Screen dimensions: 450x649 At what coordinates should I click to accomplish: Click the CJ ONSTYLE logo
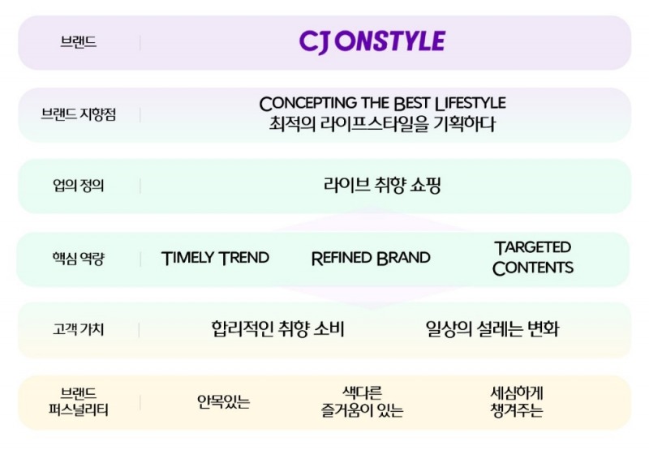[x=372, y=41]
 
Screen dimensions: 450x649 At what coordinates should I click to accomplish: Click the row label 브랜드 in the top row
[x=79, y=42]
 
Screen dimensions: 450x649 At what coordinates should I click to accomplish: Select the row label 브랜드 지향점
[x=79, y=114]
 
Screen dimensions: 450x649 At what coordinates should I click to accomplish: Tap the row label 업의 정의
[x=79, y=186]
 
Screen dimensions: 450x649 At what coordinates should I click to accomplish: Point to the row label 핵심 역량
[x=79, y=259]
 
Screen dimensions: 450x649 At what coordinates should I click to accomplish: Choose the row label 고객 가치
[x=79, y=330]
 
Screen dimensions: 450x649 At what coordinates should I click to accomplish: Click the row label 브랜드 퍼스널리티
[x=79, y=401]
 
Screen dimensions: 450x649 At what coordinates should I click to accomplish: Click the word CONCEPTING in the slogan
[x=308, y=104]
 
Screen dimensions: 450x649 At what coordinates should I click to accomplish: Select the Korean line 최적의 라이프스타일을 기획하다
[x=382, y=125]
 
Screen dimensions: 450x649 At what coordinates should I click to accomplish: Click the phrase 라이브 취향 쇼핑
[x=382, y=185]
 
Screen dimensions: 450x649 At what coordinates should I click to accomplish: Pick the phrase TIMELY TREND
[x=215, y=259]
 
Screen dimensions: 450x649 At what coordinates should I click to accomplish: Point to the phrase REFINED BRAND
[x=371, y=259]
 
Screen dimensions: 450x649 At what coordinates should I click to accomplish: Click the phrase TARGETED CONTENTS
[x=532, y=258]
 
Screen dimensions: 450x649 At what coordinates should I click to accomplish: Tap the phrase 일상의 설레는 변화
[x=492, y=329]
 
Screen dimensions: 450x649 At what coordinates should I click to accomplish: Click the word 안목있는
[x=224, y=401]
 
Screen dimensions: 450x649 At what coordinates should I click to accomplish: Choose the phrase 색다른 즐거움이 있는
[x=362, y=401]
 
